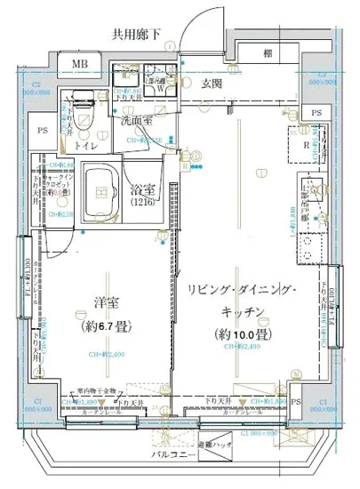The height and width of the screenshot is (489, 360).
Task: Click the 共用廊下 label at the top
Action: [137, 36]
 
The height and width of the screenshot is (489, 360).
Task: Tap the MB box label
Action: [80, 66]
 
